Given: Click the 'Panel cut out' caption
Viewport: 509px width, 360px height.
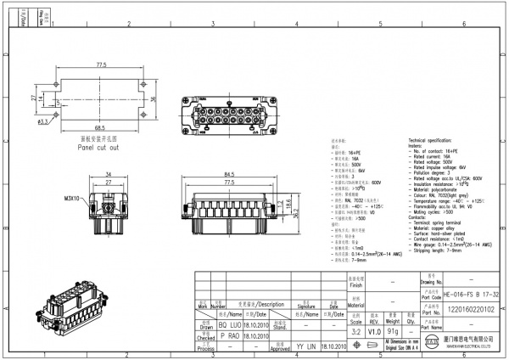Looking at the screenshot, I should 99,147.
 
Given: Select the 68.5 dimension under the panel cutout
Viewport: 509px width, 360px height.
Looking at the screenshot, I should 99,128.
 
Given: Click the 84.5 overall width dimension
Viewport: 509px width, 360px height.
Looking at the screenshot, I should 229,175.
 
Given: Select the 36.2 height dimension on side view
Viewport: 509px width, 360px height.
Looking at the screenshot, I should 294,214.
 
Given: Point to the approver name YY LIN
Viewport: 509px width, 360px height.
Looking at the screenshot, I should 305,346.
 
